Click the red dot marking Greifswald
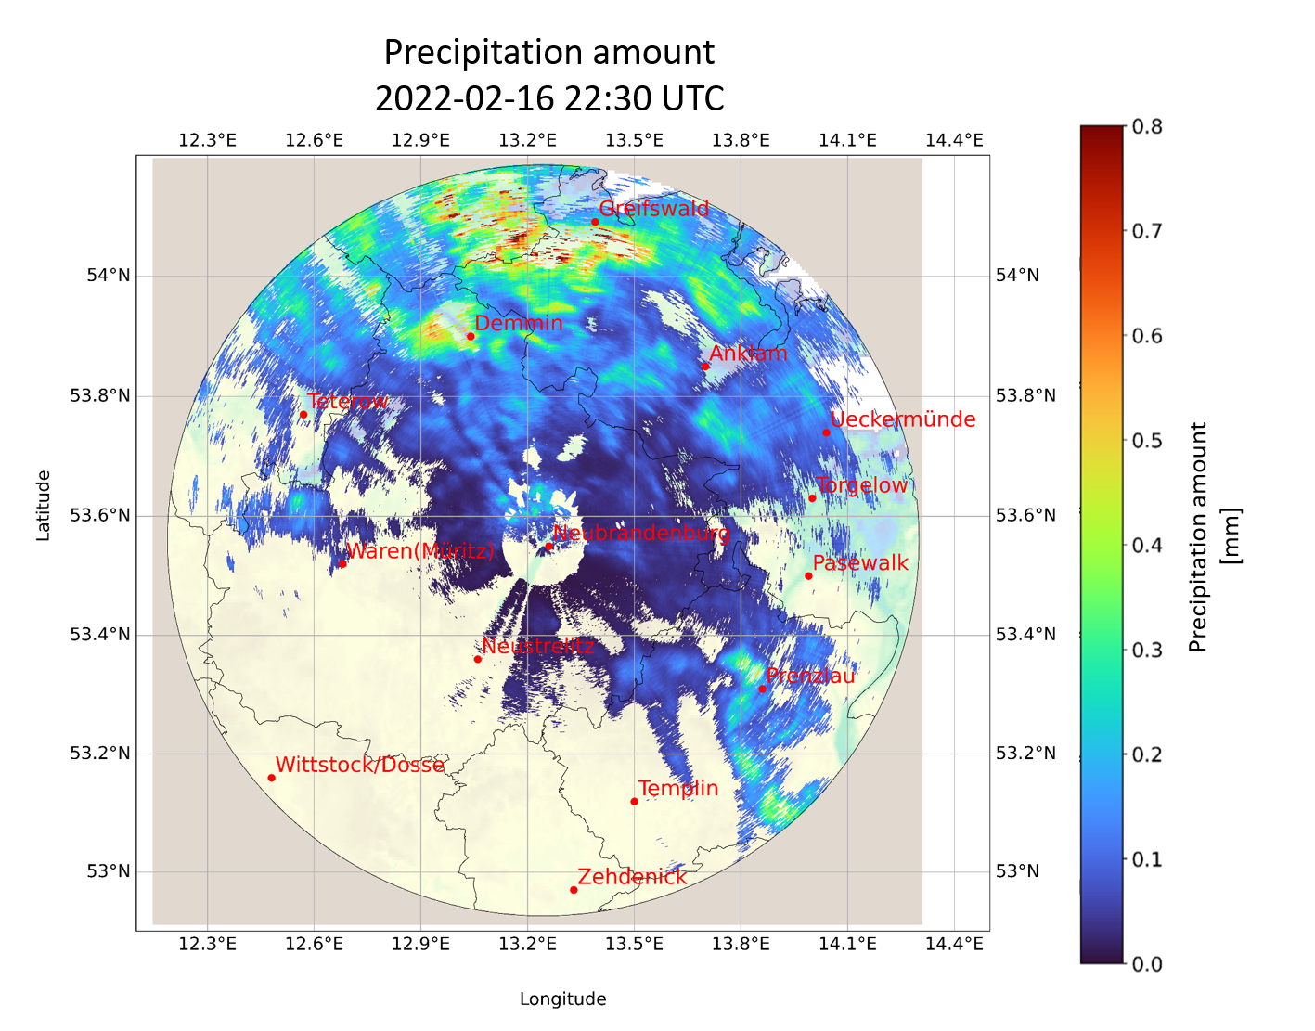pyautogui.click(x=595, y=222)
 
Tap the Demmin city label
pyautogui.click(x=519, y=323)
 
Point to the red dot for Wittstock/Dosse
pyautogui.click(x=271, y=778)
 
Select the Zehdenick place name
pyautogui.click(x=632, y=877)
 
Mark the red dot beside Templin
pyautogui.click(x=634, y=802)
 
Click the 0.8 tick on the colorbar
pyautogui.click(x=1147, y=126)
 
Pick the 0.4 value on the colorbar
pyautogui.click(x=1147, y=545)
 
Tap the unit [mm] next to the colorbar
pyautogui.click(x=1231, y=535)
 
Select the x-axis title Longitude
pyautogui.click(x=562, y=999)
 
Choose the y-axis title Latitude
pyautogui.click(x=43, y=506)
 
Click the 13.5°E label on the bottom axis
pyautogui.click(x=634, y=944)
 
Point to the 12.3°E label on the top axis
pyautogui.click(x=208, y=140)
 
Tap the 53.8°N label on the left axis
pyautogui.click(x=100, y=396)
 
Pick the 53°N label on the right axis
pyautogui.click(x=1017, y=871)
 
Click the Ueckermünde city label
pyautogui.click(x=903, y=419)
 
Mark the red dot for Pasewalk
pyautogui.click(x=808, y=576)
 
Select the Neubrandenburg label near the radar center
pyautogui.click(x=640, y=534)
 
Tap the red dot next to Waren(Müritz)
pyautogui.click(x=342, y=563)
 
